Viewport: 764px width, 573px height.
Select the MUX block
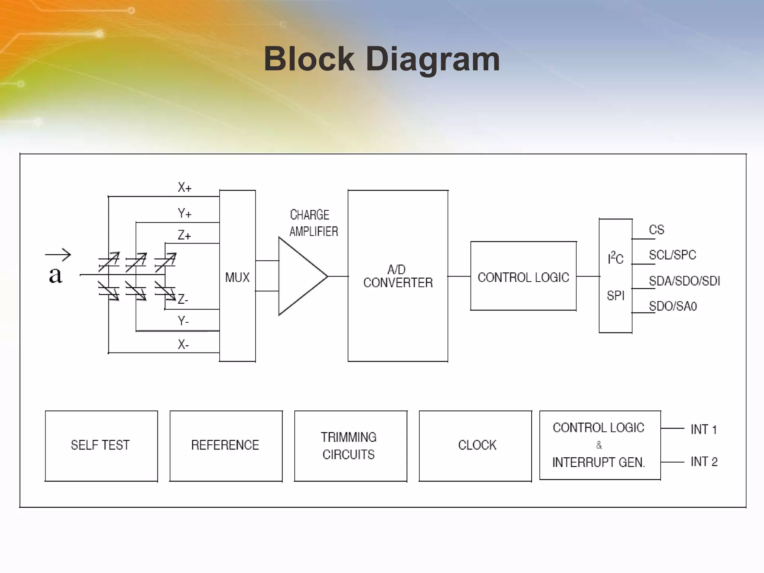pyautogui.click(x=237, y=276)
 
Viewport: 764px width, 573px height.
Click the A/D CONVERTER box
pyautogui.click(x=398, y=276)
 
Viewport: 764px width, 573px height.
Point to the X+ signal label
pyautogui.click(x=184, y=187)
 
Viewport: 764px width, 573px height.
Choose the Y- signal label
pyautogui.click(x=183, y=321)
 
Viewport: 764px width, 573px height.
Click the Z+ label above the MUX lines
pyautogui.click(x=184, y=235)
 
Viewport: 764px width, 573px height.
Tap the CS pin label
pyautogui.click(x=657, y=229)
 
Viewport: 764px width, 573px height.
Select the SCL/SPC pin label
pyautogui.click(x=672, y=255)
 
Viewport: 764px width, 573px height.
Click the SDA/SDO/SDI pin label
pyautogui.click(x=684, y=281)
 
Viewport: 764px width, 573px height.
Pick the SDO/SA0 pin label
pyautogui.click(x=673, y=306)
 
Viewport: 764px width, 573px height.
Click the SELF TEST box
pyautogui.click(x=101, y=445)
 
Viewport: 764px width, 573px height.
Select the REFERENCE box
pyautogui.click(x=226, y=445)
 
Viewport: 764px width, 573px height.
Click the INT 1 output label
pyautogui.click(x=704, y=429)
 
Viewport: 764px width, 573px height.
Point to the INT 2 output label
pyautogui.click(x=704, y=462)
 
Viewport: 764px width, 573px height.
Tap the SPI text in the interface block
pyautogui.click(x=615, y=295)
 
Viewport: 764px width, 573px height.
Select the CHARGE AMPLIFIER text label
pyautogui.click(x=313, y=223)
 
